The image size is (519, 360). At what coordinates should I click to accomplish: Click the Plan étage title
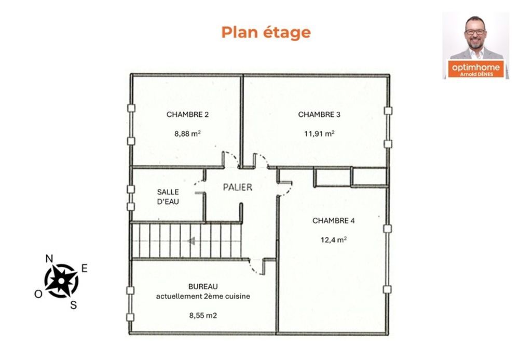pos(266,32)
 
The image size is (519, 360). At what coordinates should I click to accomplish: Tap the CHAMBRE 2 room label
pos(187,115)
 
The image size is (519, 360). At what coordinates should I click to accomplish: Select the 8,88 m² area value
pos(187,134)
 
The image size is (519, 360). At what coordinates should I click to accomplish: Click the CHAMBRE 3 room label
pos(319,115)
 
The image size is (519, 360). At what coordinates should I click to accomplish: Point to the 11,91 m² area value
pos(319,134)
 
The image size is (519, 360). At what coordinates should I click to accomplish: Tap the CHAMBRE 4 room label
pos(333,221)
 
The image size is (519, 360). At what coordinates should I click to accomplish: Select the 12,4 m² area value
pos(333,239)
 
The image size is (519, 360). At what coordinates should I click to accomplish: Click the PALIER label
pos(237,188)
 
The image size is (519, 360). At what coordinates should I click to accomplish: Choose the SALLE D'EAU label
pos(168,197)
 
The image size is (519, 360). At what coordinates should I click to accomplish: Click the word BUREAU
pos(203,286)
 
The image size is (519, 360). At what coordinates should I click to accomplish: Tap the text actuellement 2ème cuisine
pos(203,297)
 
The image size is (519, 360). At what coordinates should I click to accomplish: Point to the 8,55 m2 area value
pos(203,315)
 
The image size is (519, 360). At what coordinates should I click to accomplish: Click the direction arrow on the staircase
pos(191,241)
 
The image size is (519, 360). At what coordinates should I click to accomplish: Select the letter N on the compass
pos(49,259)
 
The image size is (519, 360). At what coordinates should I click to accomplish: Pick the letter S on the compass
pos(74,305)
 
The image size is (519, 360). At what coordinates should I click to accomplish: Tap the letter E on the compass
pos(85,268)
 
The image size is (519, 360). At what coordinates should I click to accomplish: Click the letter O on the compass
pos(38,294)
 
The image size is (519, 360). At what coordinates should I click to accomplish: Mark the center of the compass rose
pos(62,281)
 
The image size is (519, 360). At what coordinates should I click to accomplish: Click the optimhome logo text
pos(475,67)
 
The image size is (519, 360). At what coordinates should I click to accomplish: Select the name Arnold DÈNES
pos(476,74)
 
